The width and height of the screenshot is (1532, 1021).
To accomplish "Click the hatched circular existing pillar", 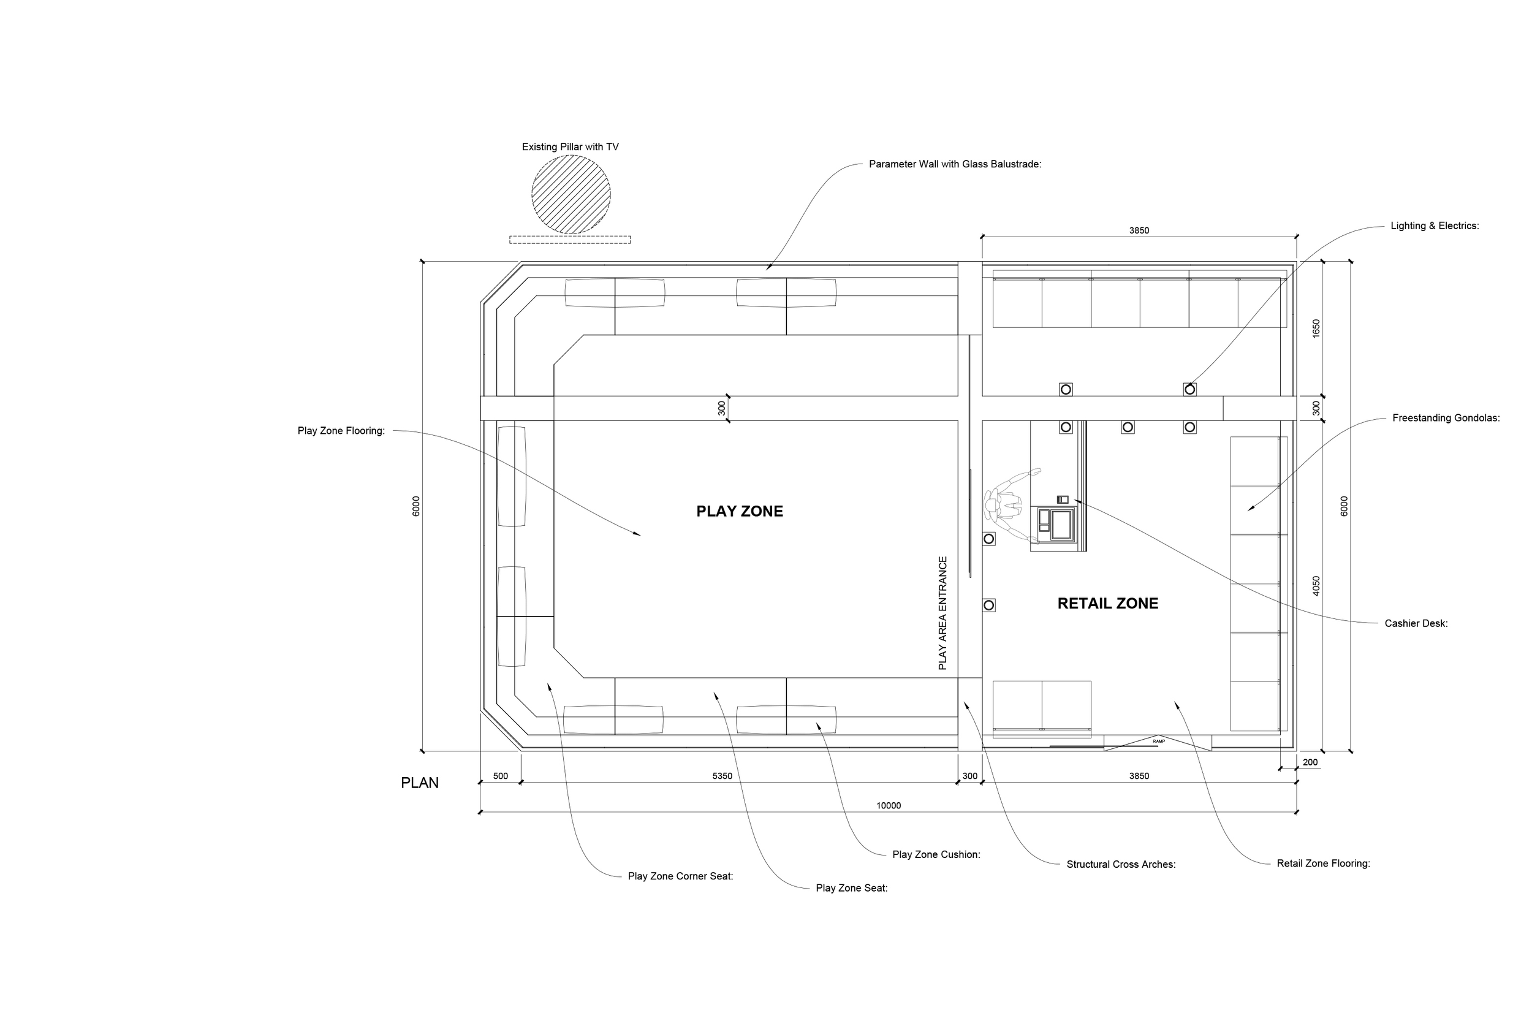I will pyautogui.click(x=571, y=194).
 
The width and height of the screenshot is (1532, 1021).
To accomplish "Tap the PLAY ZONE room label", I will pyautogui.click(x=739, y=511).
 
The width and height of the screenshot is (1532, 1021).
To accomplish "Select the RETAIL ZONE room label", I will pyautogui.click(x=1107, y=604).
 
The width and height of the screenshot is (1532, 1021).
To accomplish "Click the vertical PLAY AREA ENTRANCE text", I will pyautogui.click(x=942, y=613).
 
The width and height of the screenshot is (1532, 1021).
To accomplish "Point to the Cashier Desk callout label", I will pyautogui.click(x=1416, y=623).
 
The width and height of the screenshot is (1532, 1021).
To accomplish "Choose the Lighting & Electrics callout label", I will pyautogui.click(x=1435, y=226).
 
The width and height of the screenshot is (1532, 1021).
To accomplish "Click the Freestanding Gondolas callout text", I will pyautogui.click(x=1446, y=418).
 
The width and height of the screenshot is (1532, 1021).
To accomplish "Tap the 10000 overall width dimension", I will pyautogui.click(x=888, y=805).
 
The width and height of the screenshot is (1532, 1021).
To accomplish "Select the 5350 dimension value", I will pyautogui.click(x=722, y=776).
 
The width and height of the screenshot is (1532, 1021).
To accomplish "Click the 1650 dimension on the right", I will pyautogui.click(x=1316, y=328).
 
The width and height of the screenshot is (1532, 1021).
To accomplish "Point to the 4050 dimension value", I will pyautogui.click(x=1316, y=585).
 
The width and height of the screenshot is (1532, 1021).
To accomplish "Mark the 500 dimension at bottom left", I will pyautogui.click(x=500, y=776).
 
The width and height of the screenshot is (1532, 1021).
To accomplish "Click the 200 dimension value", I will pyautogui.click(x=1310, y=762).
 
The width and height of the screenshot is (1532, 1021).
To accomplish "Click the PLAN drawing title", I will pyautogui.click(x=419, y=783).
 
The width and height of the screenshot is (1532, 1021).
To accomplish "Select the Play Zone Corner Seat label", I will pyautogui.click(x=680, y=876).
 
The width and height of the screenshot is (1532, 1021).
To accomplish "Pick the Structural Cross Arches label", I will pyautogui.click(x=1121, y=864).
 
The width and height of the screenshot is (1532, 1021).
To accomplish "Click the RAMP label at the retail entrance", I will pyautogui.click(x=1158, y=742).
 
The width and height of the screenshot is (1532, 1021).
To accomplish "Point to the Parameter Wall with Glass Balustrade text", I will pyautogui.click(x=955, y=164).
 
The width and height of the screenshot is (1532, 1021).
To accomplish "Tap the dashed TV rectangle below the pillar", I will pyautogui.click(x=570, y=240).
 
